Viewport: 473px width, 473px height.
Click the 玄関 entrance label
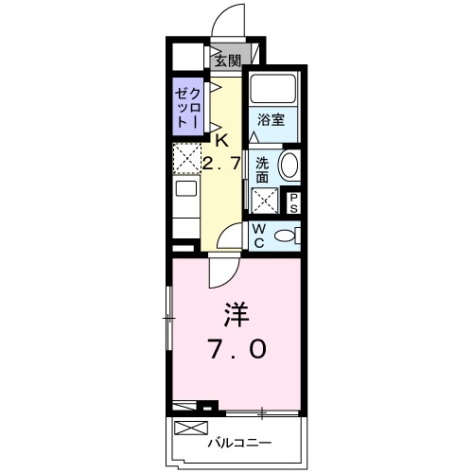tap(226, 61)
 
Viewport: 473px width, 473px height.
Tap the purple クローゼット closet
tap(186, 109)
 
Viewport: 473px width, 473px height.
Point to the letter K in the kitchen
tap(221, 141)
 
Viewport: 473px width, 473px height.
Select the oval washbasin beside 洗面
tap(289, 165)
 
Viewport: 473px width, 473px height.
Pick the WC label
tap(256, 236)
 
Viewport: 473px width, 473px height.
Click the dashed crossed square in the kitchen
tap(187, 158)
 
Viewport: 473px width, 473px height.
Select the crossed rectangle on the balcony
tap(191, 408)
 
